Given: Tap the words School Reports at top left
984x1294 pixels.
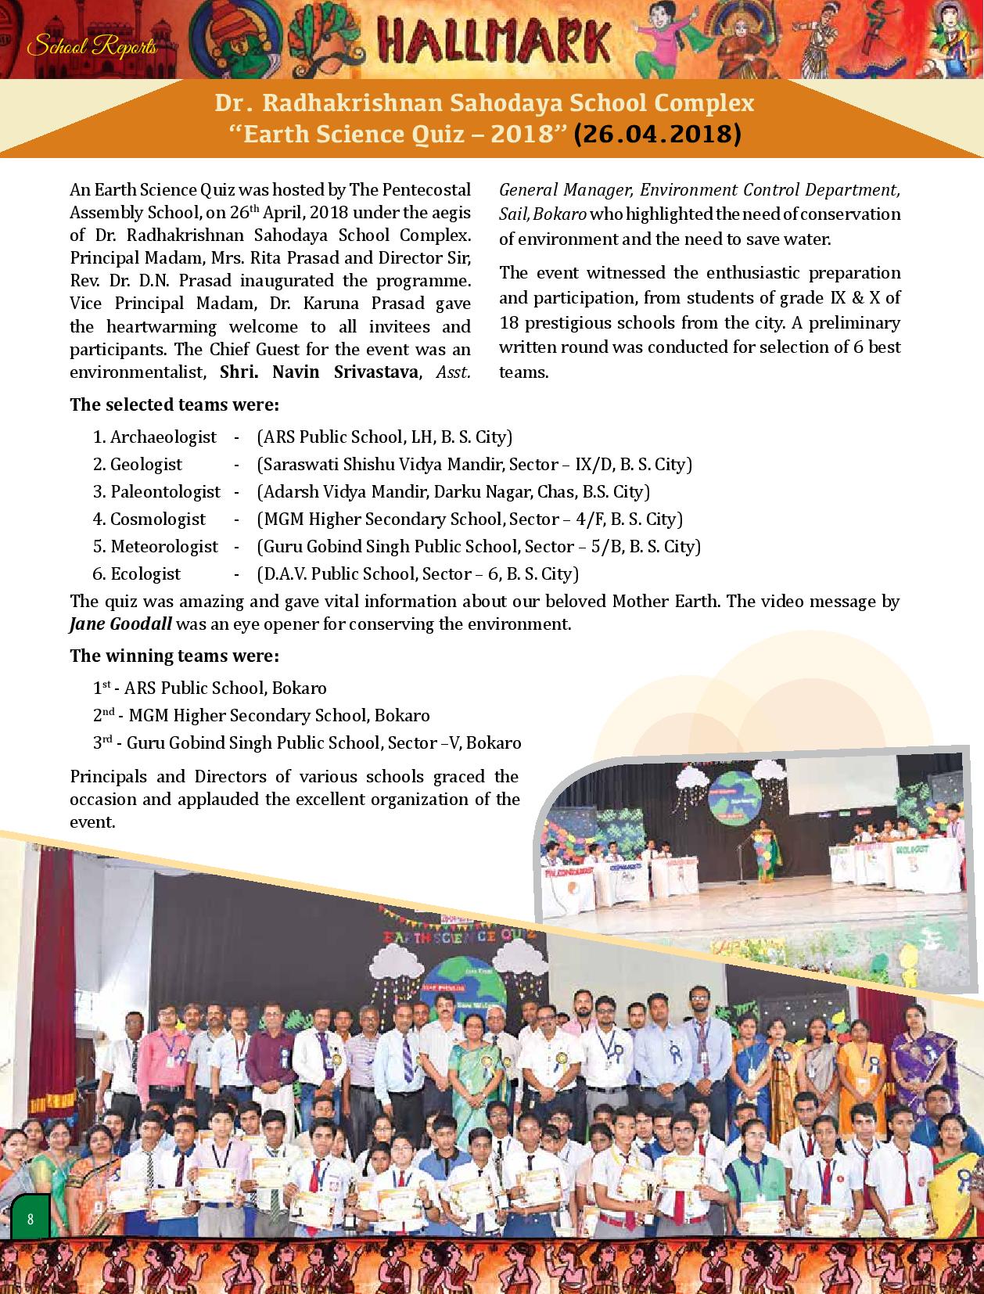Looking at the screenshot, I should (x=92, y=47).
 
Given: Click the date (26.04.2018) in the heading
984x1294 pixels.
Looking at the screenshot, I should (x=657, y=135).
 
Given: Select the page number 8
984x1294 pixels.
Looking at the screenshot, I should (x=30, y=1219).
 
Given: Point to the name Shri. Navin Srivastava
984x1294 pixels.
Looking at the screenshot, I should (x=318, y=372).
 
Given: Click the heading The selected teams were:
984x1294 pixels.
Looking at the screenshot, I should (x=174, y=404).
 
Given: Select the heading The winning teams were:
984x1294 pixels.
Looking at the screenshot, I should (x=174, y=656).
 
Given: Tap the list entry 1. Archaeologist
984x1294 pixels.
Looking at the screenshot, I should (x=155, y=437).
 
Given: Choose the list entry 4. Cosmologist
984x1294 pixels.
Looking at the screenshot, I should (x=149, y=519).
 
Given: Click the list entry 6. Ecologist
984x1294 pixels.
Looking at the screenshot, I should (x=137, y=573).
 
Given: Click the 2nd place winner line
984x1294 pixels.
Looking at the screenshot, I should (x=261, y=715).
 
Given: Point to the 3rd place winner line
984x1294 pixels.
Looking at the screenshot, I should (x=307, y=742).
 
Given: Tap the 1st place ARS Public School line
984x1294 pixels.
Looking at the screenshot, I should (x=210, y=688).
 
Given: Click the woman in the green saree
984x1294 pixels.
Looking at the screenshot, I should (x=466, y=1056).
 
